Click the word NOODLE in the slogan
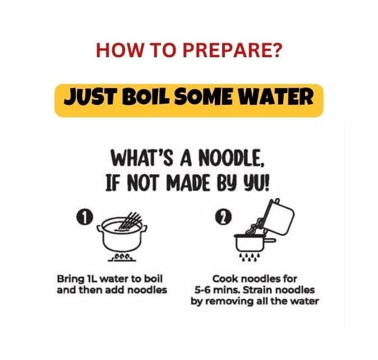pos(232,158)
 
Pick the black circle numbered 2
pos(223,218)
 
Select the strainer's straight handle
pos(270,240)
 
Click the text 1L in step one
pos(92,279)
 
